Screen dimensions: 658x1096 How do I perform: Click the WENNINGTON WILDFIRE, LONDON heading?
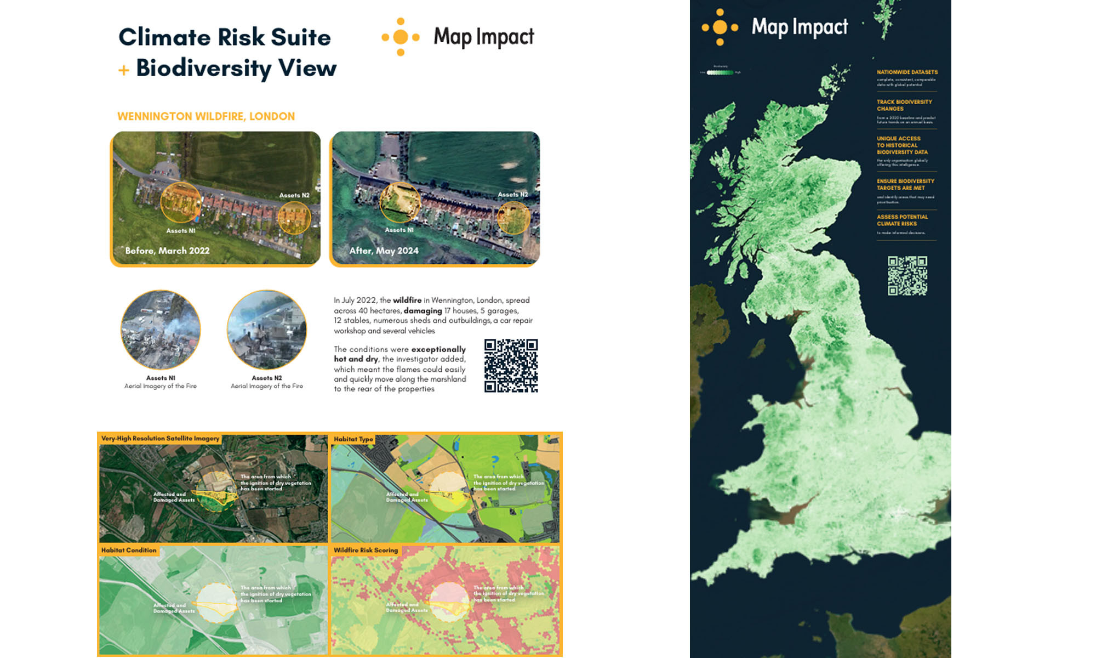pos(206,116)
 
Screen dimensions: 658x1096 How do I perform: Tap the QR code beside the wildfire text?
pos(511,365)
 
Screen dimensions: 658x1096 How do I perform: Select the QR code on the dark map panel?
pos(907,276)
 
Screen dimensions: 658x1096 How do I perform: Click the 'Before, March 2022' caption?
pos(167,251)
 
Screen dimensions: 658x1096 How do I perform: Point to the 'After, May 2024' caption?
pos(384,251)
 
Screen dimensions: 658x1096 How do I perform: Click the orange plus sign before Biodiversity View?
pos(124,70)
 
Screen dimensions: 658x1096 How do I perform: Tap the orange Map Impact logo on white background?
pos(401,37)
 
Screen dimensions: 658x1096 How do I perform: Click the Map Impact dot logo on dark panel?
pos(720,27)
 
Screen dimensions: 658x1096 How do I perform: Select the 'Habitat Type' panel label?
pos(353,439)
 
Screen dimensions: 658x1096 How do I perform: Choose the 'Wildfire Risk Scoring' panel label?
pos(366,550)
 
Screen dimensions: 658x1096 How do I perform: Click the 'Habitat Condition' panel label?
pos(129,550)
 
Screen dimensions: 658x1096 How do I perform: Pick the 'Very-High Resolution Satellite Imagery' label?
pos(160,439)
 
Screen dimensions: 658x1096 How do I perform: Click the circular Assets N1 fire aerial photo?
pos(161,330)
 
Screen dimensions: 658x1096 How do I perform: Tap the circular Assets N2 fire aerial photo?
pos(267,330)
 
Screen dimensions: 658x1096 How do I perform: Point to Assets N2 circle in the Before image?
pos(294,218)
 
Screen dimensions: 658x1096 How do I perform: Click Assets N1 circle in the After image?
pos(400,203)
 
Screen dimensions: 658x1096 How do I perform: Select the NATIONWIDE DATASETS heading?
pos(907,72)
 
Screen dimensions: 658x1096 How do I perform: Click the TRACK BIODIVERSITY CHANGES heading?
pos(904,105)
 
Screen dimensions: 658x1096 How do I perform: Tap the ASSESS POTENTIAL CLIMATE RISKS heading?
pos(902,220)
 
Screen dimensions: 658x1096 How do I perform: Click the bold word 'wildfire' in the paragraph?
pos(407,300)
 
